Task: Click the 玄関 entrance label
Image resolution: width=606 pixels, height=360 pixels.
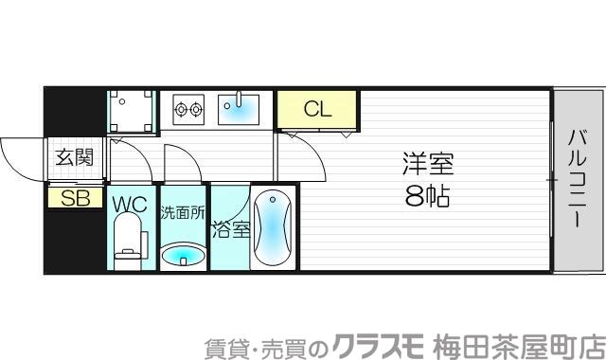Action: [x=74, y=158]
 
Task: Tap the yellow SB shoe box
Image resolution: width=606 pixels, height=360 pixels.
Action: [x=74, y=198]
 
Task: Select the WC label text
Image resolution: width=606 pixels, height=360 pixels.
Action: [x=131, y=204]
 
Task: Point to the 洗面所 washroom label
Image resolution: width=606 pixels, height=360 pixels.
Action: [x=182, y=212]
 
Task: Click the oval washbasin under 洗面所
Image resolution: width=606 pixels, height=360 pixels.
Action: [x=182, y=255]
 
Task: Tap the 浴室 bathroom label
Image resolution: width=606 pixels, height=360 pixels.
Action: [x=230, y=229]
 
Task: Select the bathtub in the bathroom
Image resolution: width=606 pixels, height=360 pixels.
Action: [x=271, y=230]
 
